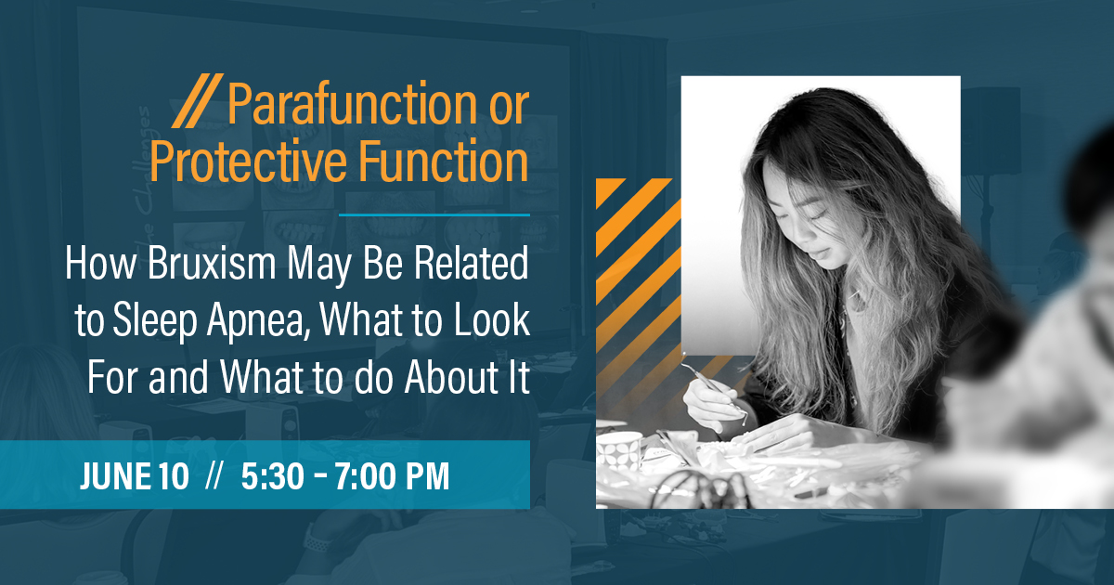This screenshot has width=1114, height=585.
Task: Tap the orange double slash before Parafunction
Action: (x=198, y=100)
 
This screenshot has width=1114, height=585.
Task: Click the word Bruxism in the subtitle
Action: (x=212, y=263)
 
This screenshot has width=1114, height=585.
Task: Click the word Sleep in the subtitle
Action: (x=155, y=321)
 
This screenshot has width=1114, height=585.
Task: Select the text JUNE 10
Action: (x=135, y=476)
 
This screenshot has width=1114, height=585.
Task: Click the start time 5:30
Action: (x=273, y=476)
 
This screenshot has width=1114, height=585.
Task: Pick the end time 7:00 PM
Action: (x=392, y=476)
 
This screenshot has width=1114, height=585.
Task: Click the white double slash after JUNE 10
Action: (x=214, y=475)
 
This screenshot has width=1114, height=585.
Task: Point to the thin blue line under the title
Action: (x=434, y=214)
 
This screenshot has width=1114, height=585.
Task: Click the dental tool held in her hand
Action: (x=714, y=388)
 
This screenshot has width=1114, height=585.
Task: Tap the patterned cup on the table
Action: (x=620, y=450)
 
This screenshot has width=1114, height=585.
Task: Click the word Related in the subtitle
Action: (x=471, y=263)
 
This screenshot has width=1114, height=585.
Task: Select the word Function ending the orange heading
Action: (x=443, y=160)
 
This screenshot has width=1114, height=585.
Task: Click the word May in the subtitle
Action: (x=319, y=266)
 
